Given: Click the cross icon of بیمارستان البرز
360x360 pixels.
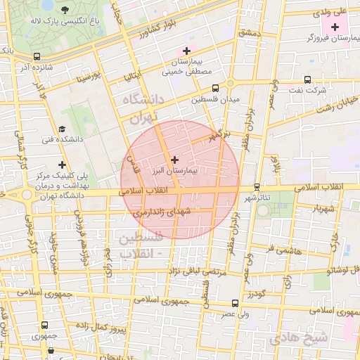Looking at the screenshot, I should pos(175,160).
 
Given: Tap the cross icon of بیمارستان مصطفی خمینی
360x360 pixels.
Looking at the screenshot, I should pos(186,51).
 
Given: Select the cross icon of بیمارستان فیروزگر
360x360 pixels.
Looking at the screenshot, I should pos(335,26).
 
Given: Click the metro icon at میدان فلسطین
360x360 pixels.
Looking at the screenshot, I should pos(215,89).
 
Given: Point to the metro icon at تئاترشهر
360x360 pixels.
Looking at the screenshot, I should pos(257,187).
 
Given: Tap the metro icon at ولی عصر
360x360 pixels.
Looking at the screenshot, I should pos(234,304).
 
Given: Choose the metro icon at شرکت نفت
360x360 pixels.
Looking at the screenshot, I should pos(307,79).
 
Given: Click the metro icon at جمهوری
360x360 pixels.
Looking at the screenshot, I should pos(45,326).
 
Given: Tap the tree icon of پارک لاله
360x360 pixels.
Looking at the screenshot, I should pos(65,10).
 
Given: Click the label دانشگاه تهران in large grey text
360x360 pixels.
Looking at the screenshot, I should pos(143,108).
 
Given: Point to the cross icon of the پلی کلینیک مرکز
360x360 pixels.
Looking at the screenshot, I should pos(63,164).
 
